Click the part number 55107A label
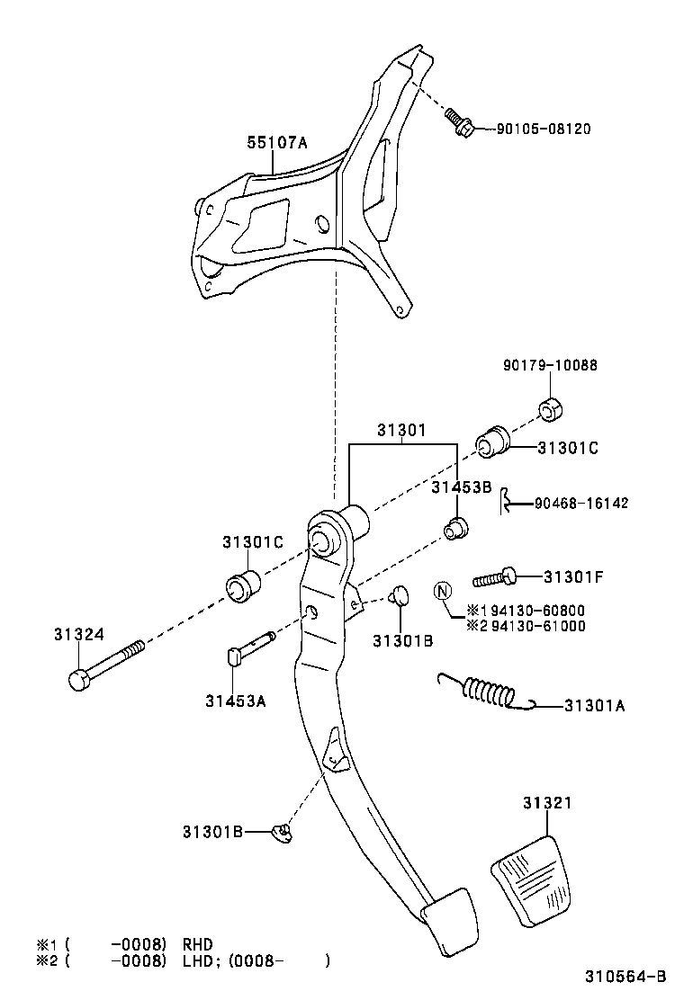[277, 142]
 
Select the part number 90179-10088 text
[550, 366]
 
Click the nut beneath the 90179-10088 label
[551, 407]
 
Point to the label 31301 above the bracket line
[400, 431]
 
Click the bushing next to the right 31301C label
[492, 441]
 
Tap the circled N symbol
[442, 590]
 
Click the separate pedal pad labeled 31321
[531, 878]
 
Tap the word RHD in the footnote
[199, 944]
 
